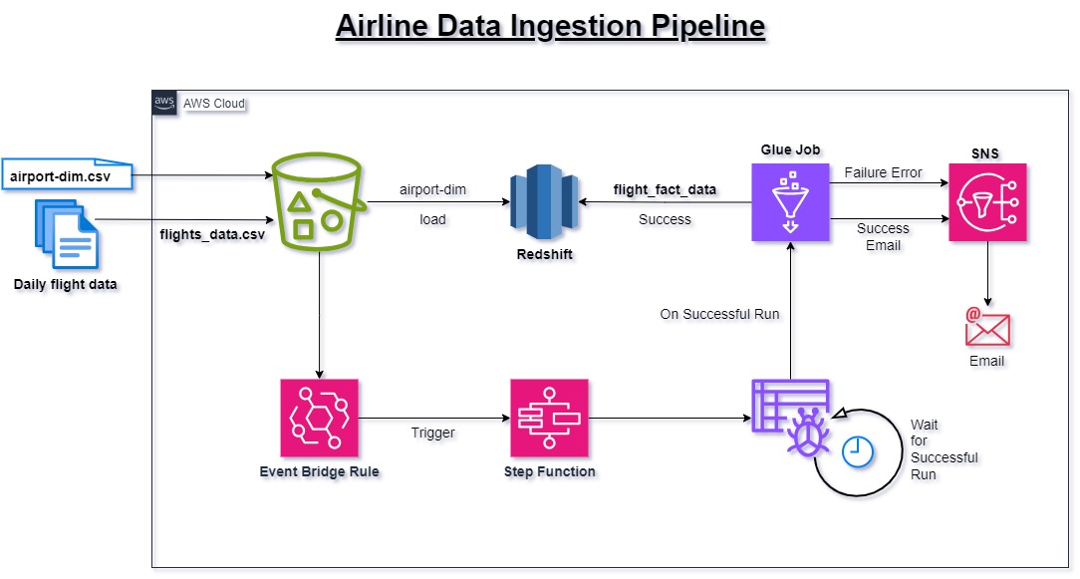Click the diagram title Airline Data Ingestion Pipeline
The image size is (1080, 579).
click(550, 26)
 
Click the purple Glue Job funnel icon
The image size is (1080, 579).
click(790, 202)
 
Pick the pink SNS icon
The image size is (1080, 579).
click(987, 202)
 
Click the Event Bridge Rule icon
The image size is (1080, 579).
click(319, 418)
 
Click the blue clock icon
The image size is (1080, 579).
click(857, 451)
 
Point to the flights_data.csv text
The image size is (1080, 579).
click(212, 235)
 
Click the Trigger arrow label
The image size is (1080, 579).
click(432, 433)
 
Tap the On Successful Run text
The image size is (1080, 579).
click(719, 314)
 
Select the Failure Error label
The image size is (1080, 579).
click(883, 172)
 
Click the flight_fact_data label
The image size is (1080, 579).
click(665, 189)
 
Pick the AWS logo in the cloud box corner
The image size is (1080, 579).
click(164, 103)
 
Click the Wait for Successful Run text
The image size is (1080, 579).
click(944, 449)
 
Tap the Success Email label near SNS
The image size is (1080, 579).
click(883, 237)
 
